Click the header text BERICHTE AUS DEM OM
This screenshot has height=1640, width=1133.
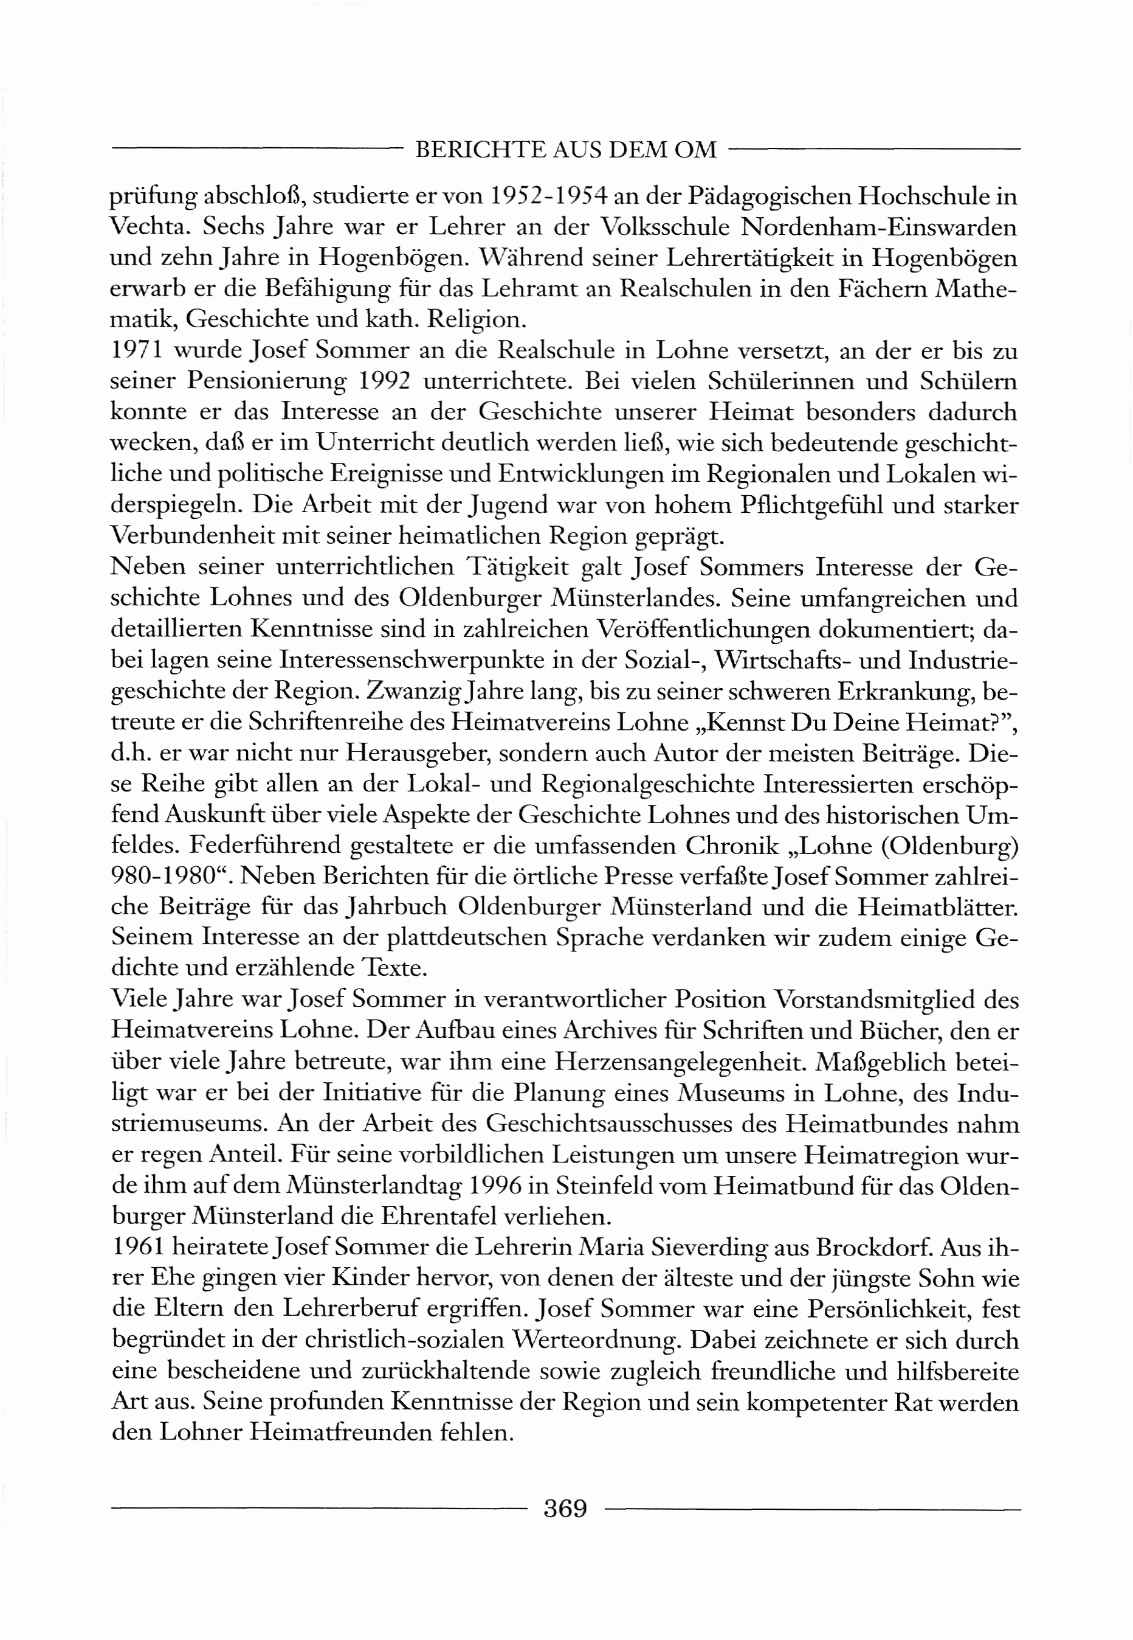[x=566, y=150]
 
